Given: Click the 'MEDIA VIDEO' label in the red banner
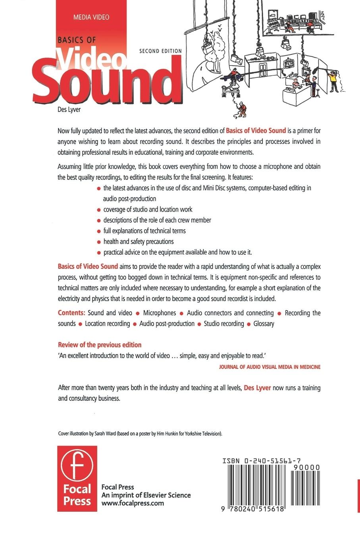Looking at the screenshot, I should click(x=91, y=17).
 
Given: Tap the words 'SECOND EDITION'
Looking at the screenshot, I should click(x=160, y=51).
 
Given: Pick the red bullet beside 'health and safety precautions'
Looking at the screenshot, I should click(x=99, y=242).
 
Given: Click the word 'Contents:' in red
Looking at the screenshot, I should click(x=71, y=313).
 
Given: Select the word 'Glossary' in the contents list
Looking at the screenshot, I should click(x=264, y=324).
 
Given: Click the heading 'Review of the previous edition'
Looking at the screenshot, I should click(x=100, y=345).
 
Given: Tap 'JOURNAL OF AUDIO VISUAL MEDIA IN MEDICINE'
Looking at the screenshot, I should click(x=270, y=367).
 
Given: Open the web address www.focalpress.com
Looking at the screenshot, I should click(x=133, y=503).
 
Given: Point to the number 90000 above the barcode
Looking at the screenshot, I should click(x=306, y=468).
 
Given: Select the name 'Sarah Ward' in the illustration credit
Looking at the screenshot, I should click(x=105, y=434).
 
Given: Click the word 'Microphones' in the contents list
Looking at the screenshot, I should click(x=160, y=313).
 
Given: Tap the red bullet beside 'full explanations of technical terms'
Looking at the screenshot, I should click(x=99, y=231).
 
